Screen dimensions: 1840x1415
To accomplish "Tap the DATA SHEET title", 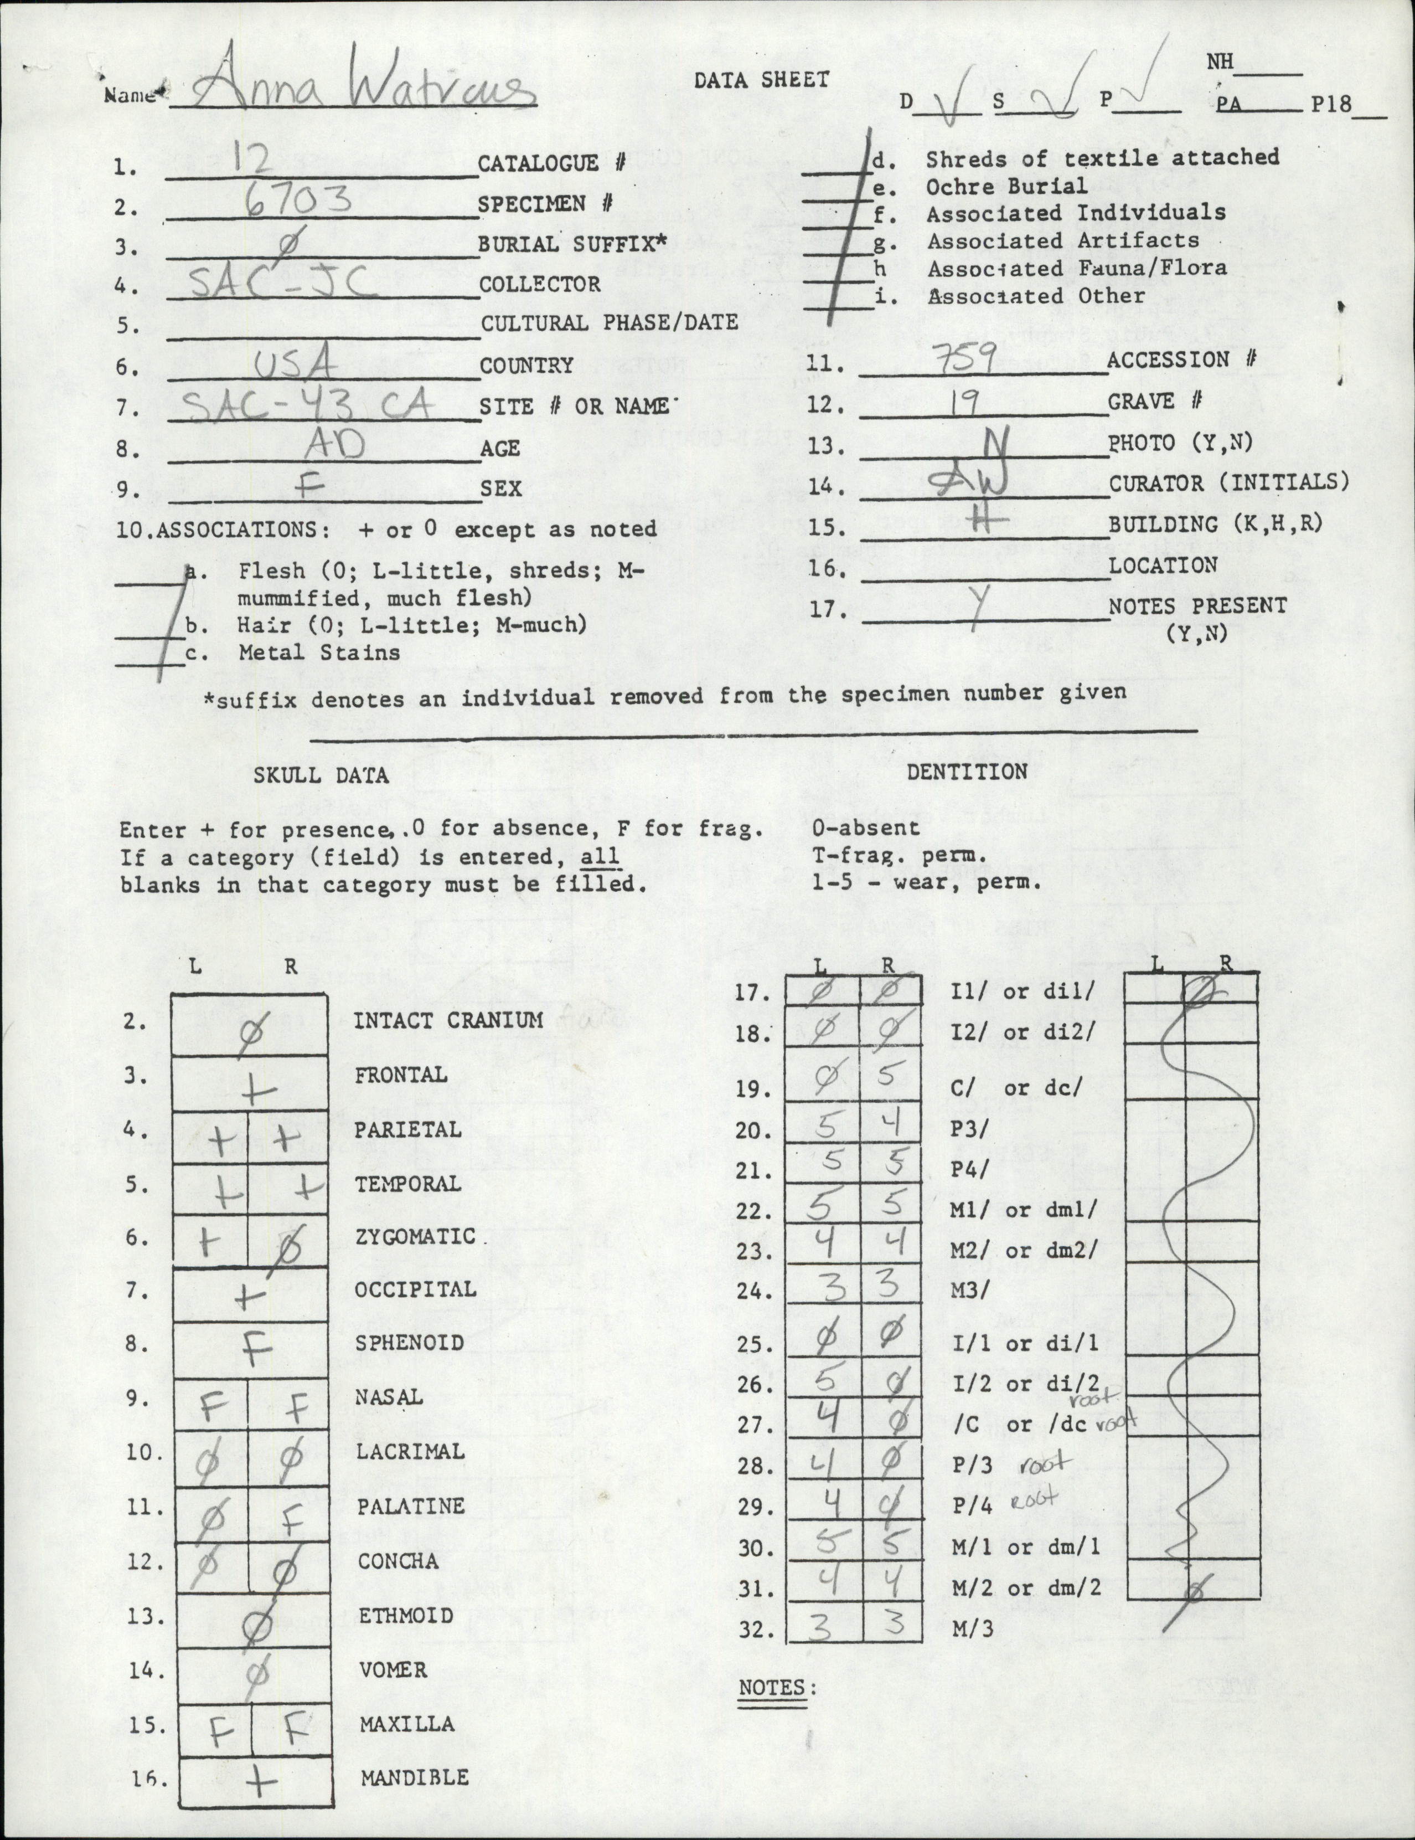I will (761, 80).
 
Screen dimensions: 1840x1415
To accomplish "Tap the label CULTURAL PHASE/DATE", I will (609, 323).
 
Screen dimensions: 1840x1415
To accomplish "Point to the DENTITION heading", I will (967, 771).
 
